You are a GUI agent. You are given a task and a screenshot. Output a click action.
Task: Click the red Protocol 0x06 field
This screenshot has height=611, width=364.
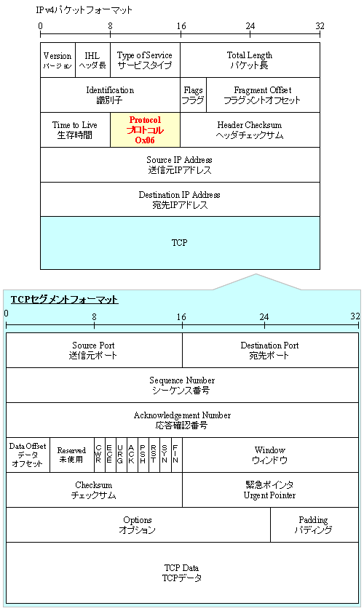coord(145,129)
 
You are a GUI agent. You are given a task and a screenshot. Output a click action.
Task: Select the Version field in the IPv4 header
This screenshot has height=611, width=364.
coord(58,60)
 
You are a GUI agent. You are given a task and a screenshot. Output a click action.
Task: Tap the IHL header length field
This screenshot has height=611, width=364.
coord(92,60)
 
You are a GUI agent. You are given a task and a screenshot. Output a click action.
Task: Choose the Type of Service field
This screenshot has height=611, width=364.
coord(145,60)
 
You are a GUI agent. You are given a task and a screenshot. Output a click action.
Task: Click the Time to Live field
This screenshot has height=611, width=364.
coord(75,129)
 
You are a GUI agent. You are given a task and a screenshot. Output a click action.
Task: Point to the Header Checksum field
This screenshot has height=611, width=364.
coord(250,129)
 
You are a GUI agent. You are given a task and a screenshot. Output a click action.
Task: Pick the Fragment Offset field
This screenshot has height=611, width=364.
coord(263,95)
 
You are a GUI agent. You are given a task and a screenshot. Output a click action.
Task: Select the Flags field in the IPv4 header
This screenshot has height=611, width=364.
coord(193,95)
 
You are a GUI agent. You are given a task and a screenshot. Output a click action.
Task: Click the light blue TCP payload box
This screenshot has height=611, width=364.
coord(180,242)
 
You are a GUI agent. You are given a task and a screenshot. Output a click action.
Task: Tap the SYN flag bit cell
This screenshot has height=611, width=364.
coord(165,455)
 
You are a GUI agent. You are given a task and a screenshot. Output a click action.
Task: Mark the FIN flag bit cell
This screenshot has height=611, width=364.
coord(175,455)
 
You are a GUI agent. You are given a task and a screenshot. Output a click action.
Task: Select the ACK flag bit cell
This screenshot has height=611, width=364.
coord(131,455)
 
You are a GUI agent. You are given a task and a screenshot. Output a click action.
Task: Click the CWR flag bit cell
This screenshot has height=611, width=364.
coord(98,455)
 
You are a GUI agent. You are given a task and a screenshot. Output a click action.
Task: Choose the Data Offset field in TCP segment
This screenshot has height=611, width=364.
coord(28,455)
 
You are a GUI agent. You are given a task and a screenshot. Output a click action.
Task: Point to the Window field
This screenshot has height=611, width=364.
coord(269,455)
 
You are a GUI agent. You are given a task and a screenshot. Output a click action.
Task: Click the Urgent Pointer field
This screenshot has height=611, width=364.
coord(269,490)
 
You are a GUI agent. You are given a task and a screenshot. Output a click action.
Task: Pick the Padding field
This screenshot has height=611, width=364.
coord(314,524)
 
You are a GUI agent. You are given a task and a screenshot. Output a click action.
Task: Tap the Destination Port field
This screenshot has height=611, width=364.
coord(269,350)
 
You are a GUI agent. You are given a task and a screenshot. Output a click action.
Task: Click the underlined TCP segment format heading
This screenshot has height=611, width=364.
coord(64,300)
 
